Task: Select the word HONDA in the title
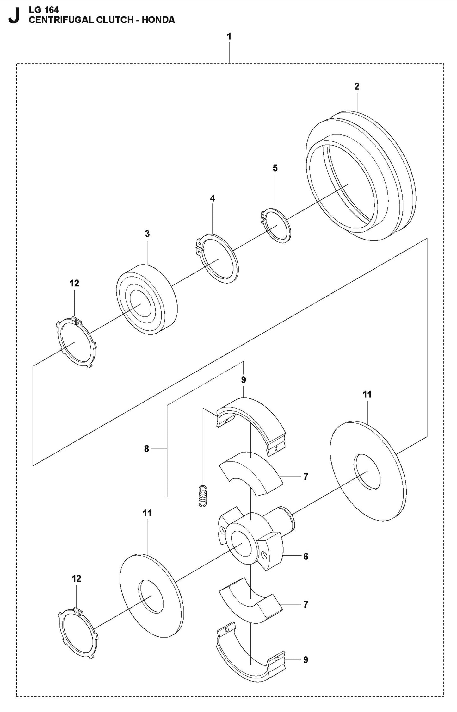click(158, 20)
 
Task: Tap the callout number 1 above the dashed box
click(229, 37)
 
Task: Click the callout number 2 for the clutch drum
click(357, 86)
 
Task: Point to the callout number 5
click(275, 168)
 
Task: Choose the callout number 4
click(212, 198)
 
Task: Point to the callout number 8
click(146, 449)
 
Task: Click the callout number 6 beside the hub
click(306, 556)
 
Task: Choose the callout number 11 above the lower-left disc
click(147, 513)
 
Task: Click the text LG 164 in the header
click(44, 10)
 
